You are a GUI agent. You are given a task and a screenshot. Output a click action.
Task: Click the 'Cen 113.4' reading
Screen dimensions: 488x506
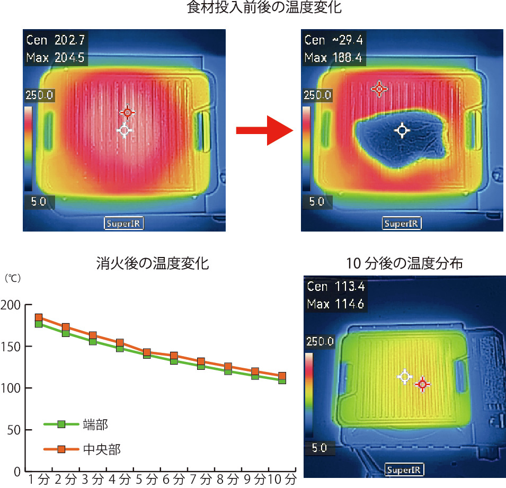(x=336, y=287)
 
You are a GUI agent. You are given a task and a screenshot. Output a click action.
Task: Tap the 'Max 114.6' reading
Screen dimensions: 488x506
(x=336, y=305)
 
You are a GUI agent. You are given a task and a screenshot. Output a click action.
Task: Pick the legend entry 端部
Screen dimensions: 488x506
(x=96, y=424)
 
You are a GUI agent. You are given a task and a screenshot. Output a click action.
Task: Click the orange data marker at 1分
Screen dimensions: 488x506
(x=38, y=318)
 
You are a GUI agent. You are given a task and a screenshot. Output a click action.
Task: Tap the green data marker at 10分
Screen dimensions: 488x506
(x=282, y=379)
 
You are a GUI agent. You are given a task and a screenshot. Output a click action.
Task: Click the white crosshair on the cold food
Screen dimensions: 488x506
(x=402, y=130)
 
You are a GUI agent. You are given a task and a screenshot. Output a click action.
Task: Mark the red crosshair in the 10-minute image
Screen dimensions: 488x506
(x=422, y=384)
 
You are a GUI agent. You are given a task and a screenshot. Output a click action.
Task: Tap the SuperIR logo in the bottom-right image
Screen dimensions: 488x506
(x=405, y=470)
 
